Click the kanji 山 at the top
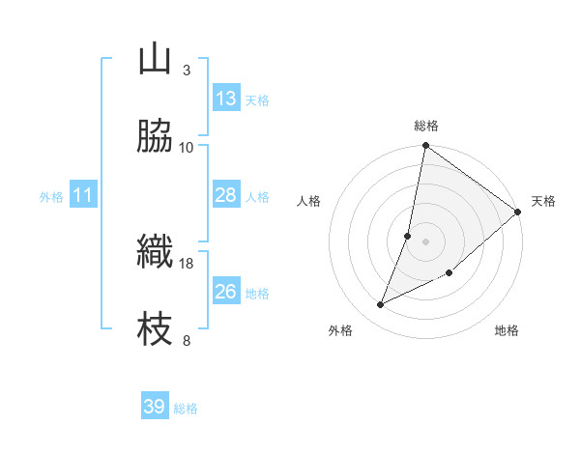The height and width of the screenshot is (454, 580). click(x=155, y=60)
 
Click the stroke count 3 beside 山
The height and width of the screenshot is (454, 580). click(x=187, y=71)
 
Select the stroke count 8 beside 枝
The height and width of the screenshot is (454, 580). click(x=187, y=341)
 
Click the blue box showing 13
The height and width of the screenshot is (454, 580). click(x=226, y=99)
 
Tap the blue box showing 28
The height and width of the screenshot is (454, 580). click(x=226, y=195)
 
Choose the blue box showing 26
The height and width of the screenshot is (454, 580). click(x=226, y=292)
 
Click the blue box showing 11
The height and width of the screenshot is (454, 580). click(x=83, y=195)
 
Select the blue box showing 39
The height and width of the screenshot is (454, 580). click(x=155, y=407)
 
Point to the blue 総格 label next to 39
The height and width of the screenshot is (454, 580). click(x=186, y=409)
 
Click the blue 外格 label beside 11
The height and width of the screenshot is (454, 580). click(x=51, y=197)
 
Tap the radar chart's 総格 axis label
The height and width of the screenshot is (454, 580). click(x=426, y=126)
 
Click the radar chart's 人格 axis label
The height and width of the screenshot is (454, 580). click(x=309, y=202)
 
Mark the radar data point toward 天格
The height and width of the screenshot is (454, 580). click(x=518, y=212)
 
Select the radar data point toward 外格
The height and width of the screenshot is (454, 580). click(x=381, y=305)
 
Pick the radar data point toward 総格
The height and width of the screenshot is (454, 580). click(x=425, y=147)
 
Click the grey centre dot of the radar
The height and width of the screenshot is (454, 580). click(x=425, y=241)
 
